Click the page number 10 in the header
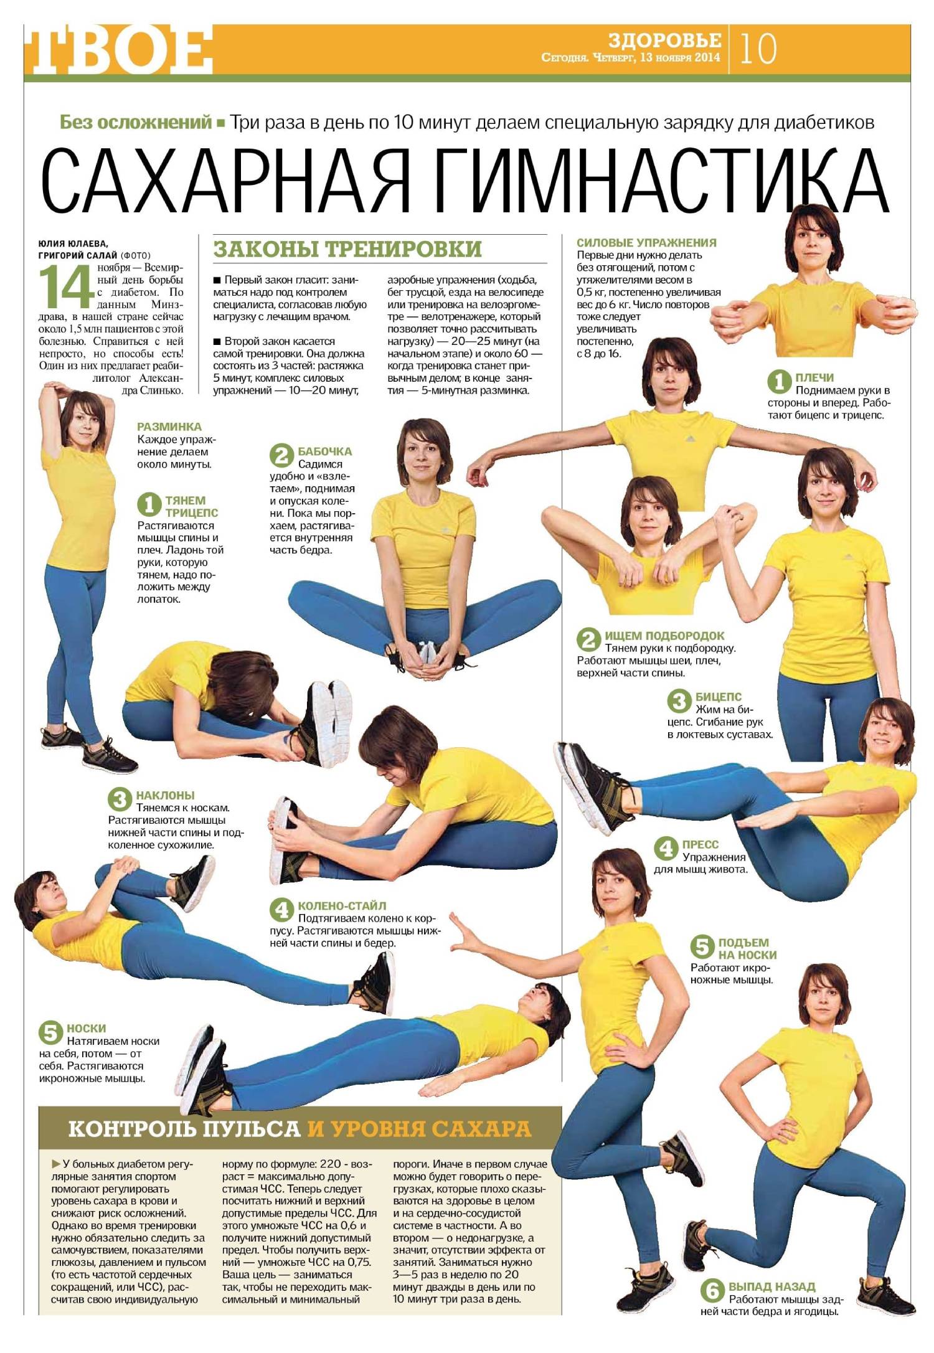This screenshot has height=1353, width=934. click(758, 49)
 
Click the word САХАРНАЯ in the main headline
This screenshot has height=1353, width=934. click(225, 181)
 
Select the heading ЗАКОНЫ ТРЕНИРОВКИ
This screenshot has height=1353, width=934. click(347, 249)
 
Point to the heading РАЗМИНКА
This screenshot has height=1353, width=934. click(169, 427)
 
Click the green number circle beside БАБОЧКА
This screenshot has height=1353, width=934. click(281, 455)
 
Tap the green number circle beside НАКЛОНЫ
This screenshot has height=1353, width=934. click(120, 799)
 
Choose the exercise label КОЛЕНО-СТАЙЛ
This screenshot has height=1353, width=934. click(342, 905)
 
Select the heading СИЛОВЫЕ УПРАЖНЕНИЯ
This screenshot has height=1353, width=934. click(646, 243)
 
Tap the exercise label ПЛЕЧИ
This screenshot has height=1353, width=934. click(814, 377)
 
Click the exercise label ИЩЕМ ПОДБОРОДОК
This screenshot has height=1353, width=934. click(664, 636)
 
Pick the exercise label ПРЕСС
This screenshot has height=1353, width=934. click(700, 844)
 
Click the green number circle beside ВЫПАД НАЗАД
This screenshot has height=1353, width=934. click(713, 1291)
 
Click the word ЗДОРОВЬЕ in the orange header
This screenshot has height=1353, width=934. click(664, 40)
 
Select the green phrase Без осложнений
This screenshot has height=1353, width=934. click(136, 122)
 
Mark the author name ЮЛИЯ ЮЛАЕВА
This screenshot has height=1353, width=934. click(73, 243)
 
